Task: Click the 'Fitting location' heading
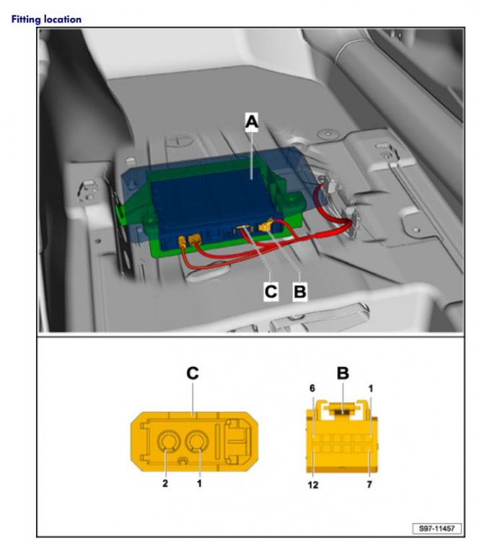pyautogui.click(x=46, y=19)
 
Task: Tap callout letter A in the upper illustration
pyautogui.click(x=252, y=121)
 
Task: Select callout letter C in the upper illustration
pyautogui.click(x=271, y=291)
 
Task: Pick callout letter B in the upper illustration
pyautogui.click(x=300, y=291)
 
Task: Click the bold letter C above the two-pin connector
pyautogui.click(x=192, y=373)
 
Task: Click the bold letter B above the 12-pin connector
pyautogui.click(x=343, y=373)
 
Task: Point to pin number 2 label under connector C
pyautogui.click(x=165, y=483)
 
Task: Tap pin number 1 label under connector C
pyautogui.click(x=199, y=483)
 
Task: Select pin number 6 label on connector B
pyautogui.click(x=312, y=389)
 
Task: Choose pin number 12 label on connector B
pyautogui.click(x=313, y=485)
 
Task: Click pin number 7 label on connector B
pyautogui.click(x=370, y=485)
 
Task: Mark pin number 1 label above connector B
pyautogui.click(x=370, y=389)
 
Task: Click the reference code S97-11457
pyautogui.click(x=437, y=528)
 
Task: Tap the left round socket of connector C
pyautogui.click(x=168, y=442)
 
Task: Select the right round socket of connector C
pyautogui.click(x=196, y=442)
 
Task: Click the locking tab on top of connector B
pyautogui.click(x=343, y=409)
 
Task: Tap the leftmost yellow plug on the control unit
pyautogui.click(x=183, y=241)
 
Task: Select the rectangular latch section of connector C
pyautogui.click(x=237, y=441)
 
